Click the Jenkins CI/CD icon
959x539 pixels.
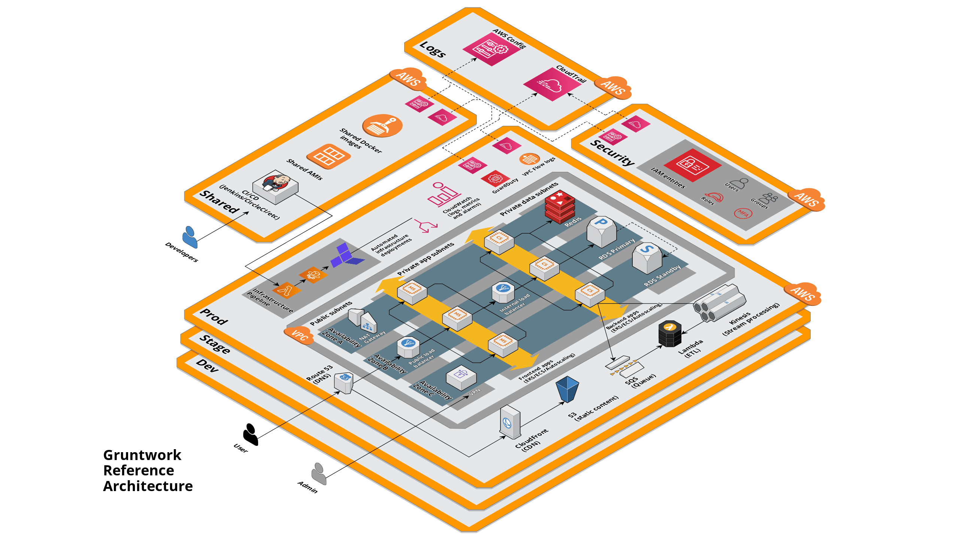click(276, 186)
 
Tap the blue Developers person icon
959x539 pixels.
click(190, 237)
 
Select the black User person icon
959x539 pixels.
click(250, 434)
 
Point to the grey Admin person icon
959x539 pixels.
click(319, 473)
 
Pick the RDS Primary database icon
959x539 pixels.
click(601, 231)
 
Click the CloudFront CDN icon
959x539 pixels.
click(510, 421)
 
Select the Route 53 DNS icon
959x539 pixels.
click(344, 383)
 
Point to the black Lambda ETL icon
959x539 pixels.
click(670, 333)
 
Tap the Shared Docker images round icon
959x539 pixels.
click(382, 126)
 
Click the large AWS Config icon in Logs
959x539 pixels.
click(491, 49)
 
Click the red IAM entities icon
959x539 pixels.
click(692, 165)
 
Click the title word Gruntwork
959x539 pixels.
click(142, 455)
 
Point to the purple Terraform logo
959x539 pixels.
click(347, 255)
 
